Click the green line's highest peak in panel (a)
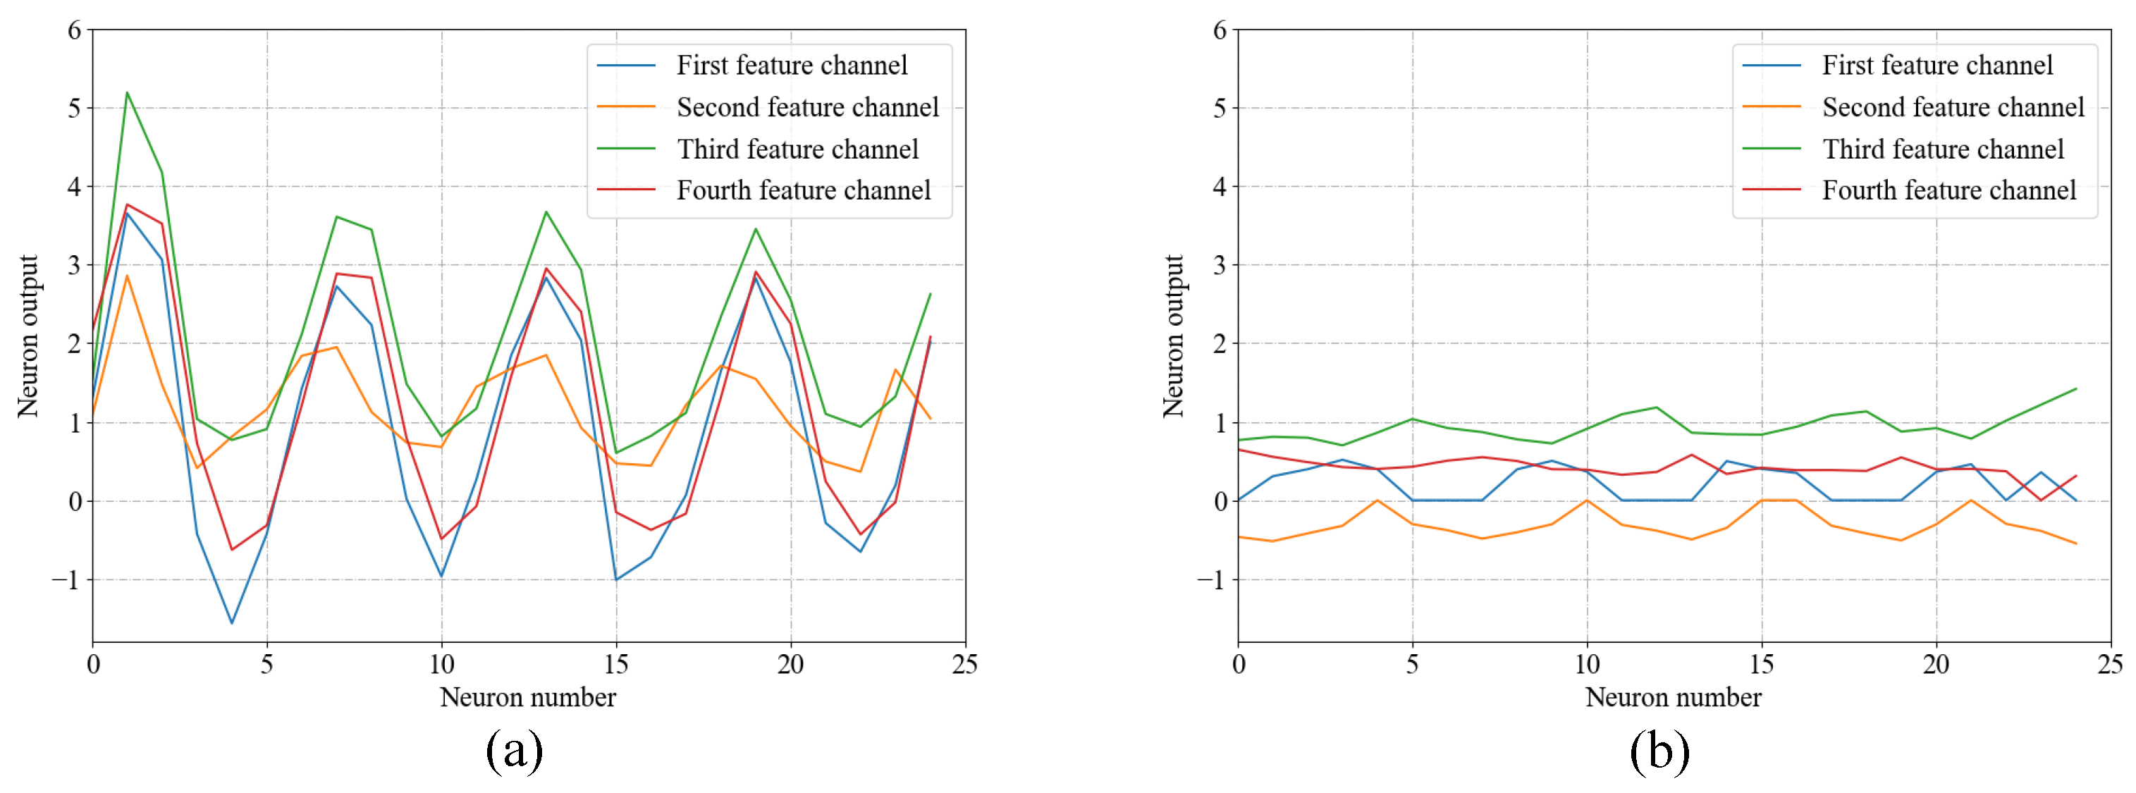pos(127,92)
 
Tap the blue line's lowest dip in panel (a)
pos(231,623)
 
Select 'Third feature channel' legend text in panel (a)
pos(798,149)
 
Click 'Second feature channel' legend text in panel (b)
pos(1953,107)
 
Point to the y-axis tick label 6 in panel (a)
pos(75,31)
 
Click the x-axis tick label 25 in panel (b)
pos(2109,663)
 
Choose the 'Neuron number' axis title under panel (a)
pos(527,696)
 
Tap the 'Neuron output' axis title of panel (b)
pos(1173,336)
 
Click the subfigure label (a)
pos(514,751)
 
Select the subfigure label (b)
pos(1659,751)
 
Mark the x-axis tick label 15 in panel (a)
pos(615,663)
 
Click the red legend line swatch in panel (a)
pos(626,190)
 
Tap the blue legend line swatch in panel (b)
pos(1771,66)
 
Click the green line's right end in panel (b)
pos(2075,388)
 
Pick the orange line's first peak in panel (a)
pos(127,276)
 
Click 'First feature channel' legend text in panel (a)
pos(792,66)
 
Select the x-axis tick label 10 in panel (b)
pos(1586,663)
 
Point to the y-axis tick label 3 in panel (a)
pos(75,266)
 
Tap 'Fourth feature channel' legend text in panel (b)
pos(1948,190)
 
